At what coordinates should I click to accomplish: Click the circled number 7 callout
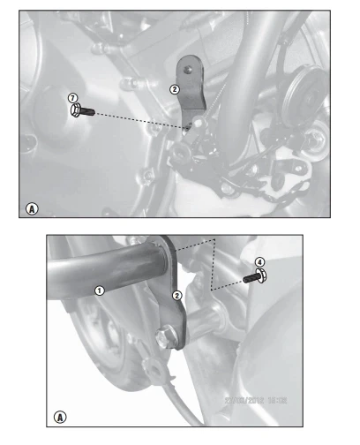click(x=73, y=99)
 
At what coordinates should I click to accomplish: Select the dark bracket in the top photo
click(x=190, y=88)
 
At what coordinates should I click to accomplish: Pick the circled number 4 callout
click(x=259, y=262)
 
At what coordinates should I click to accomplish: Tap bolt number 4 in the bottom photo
click(x=257, y=277)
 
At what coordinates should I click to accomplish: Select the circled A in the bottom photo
click(x=60, y=414)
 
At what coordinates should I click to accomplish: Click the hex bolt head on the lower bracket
click(x=165, y=336)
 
